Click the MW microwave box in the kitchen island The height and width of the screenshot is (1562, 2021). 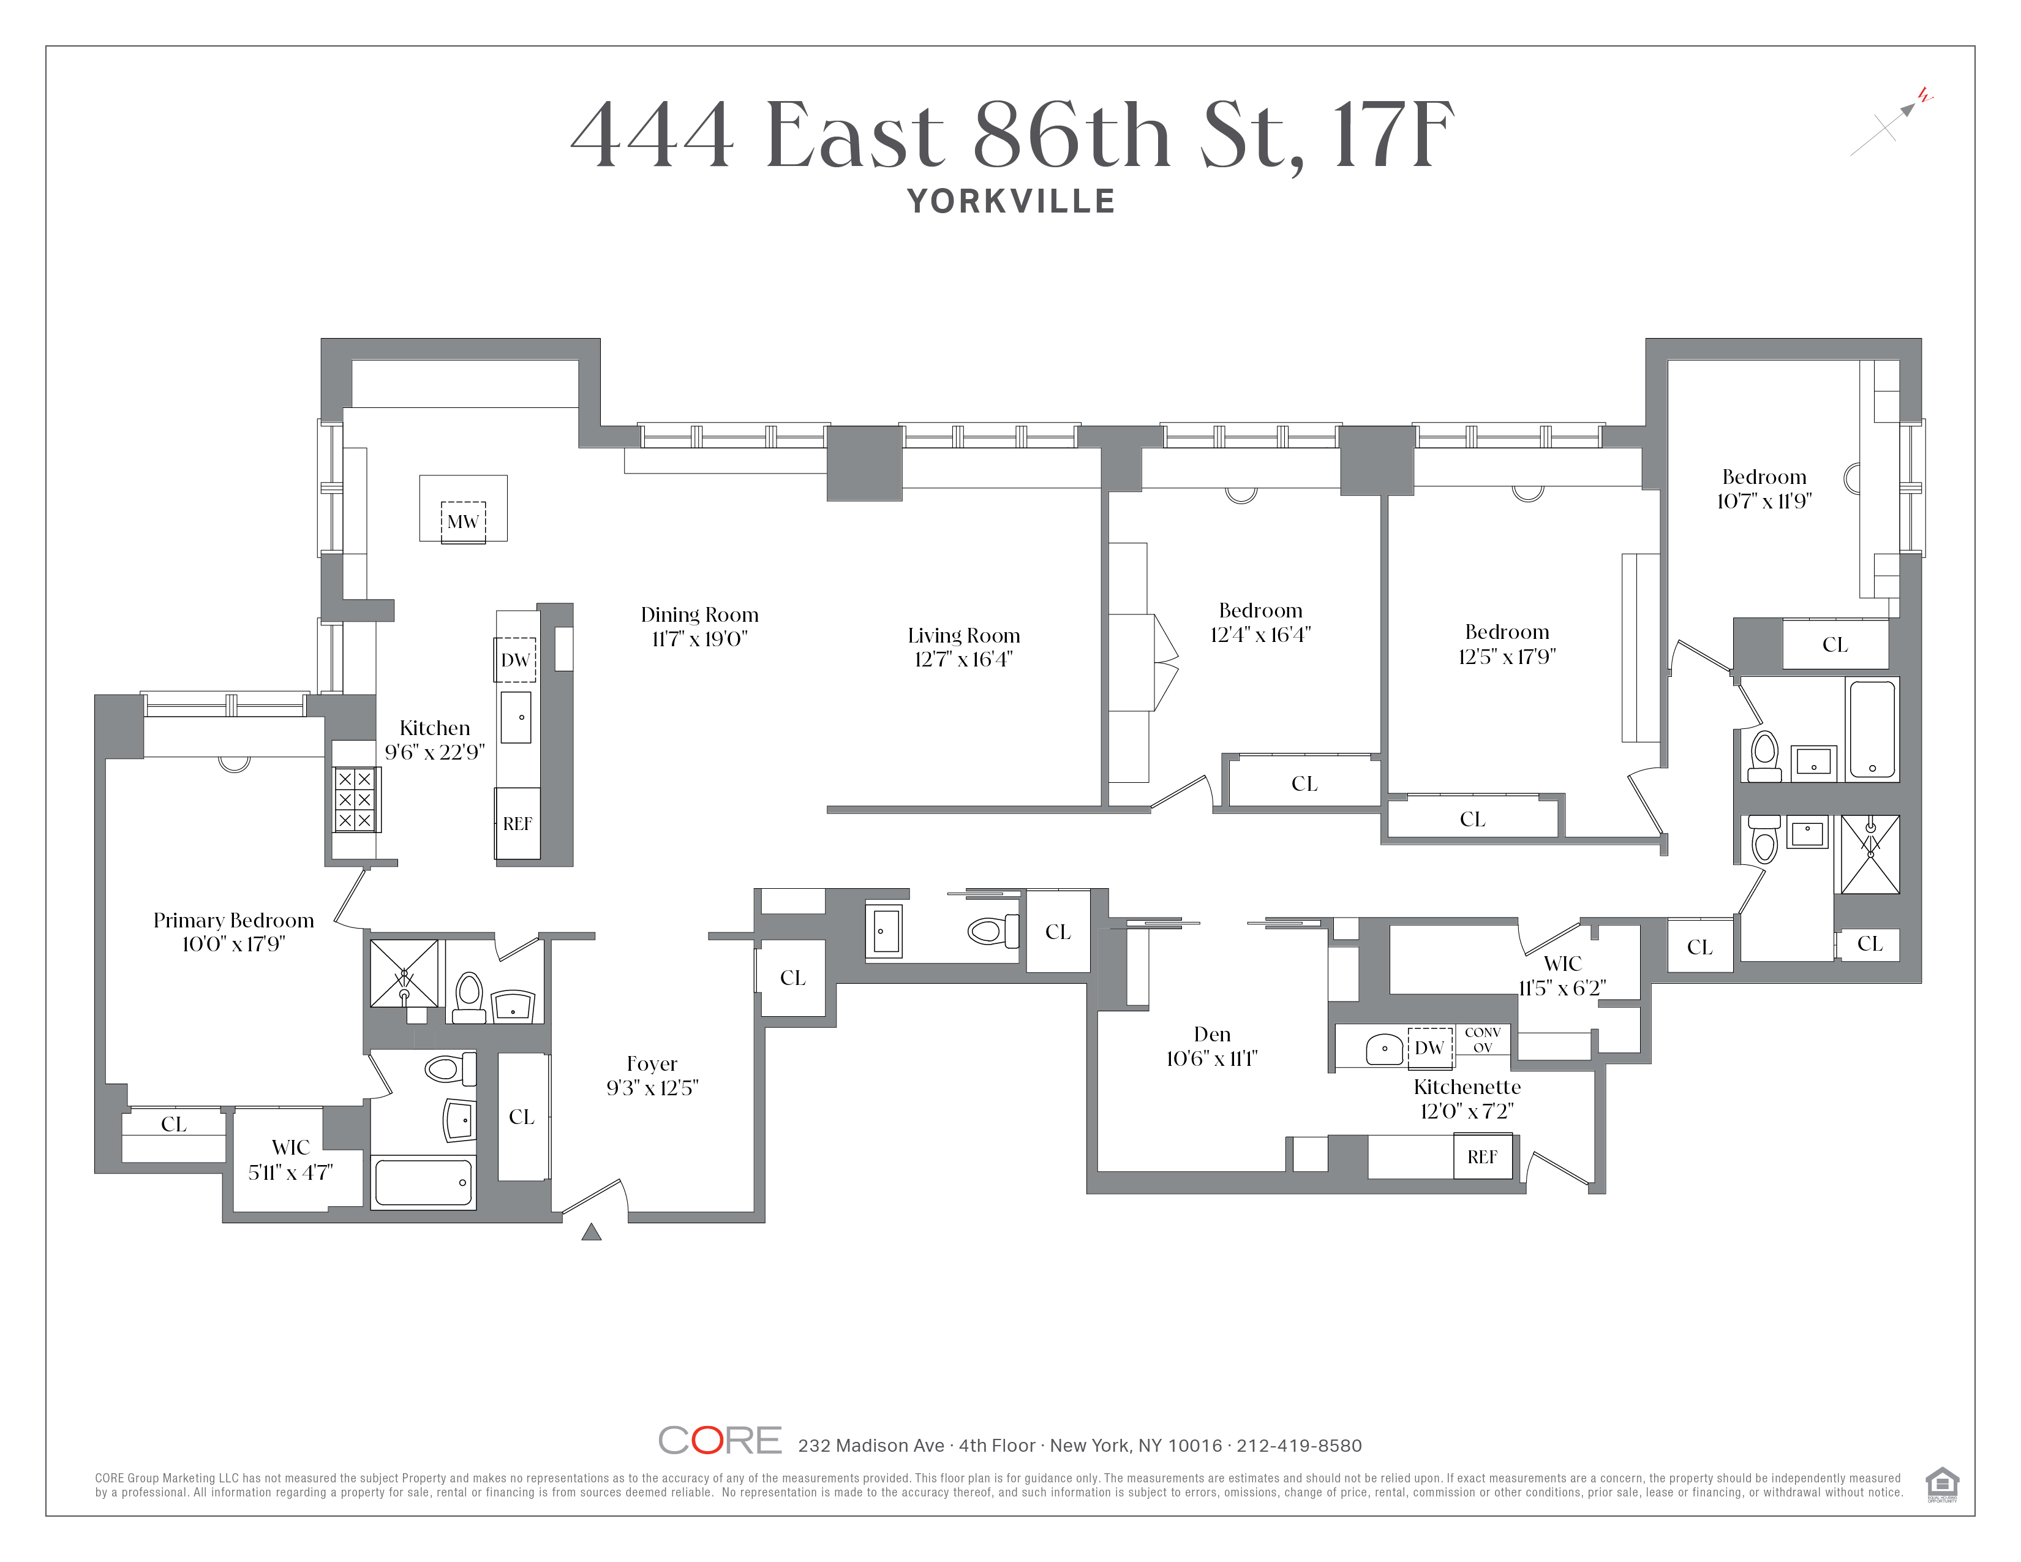pyautogui.click(x=462, y=522)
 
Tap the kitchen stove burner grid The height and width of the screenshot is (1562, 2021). pyautogui.click(x=355, y=799)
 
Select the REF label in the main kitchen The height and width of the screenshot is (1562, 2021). pyautogui.click(x=517, y=823)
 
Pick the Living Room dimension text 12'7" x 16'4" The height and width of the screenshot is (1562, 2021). pyautogui.click(x=963, y=659)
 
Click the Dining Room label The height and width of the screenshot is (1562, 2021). pyautogui.click(x=699, y=614)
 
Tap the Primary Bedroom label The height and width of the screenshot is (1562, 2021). pyautogui.click(x=233, y=920)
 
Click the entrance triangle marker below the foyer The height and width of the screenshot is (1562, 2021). pyautogui.click(x=592, y=1232)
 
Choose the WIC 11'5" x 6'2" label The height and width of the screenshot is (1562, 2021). pyautogui.click(x=1562, y=975)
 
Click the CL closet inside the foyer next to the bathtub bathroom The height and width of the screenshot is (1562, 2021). pyautogui.click(x=522, y=1117)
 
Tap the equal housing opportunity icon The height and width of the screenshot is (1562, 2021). pyautogui.click(x=1941, y=1484)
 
